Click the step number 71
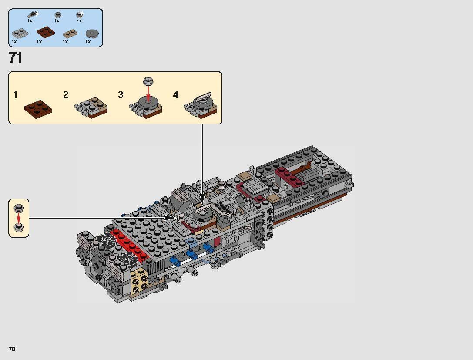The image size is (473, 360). click(15, 58)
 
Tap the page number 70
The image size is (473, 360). click(12, 349)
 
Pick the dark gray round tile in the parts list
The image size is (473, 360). click(91, 33)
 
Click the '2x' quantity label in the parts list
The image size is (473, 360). click(79, 20)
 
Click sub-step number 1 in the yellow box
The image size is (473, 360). click(16, 94)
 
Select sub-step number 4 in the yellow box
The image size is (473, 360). click(176, 94)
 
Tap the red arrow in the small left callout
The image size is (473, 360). click(19, 218)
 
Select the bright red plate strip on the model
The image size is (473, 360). click(126, 246)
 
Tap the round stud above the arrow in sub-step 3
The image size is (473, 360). click(149, 81)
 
